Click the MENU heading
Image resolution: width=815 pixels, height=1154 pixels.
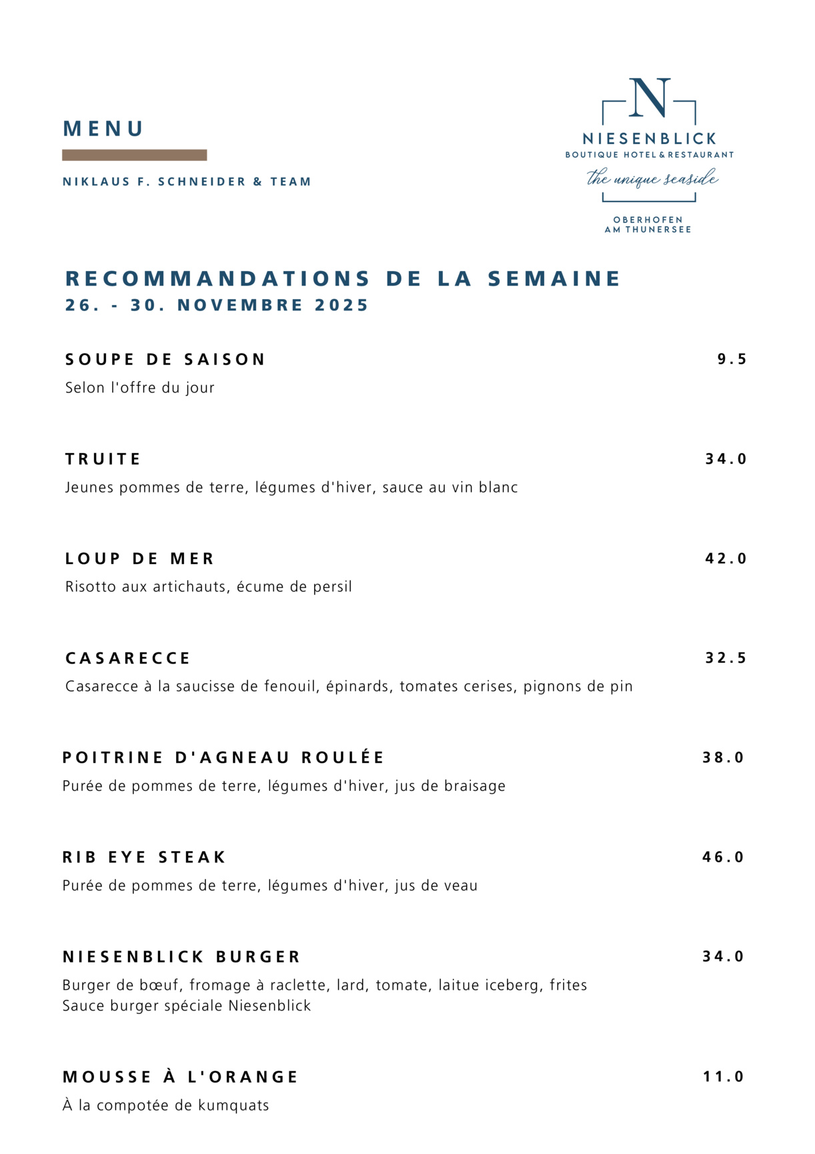click(103, 129)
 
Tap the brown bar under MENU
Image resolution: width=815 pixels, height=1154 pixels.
click(134, 155)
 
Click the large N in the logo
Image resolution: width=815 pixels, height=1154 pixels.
click(649, 98)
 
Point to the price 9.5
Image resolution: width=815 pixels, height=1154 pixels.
click(732, 360)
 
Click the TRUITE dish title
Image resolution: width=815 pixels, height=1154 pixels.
click(103, 459)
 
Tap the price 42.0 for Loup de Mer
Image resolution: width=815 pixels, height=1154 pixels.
click(726, 559)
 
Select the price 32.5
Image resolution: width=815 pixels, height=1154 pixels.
click(726, 658)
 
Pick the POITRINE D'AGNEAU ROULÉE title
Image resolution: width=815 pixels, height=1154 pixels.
click(223, 758)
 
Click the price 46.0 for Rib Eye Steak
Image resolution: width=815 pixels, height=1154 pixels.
click(723, 857)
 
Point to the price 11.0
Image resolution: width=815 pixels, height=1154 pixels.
click(723, 1077)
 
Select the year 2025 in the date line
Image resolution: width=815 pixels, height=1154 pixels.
click(341, 305)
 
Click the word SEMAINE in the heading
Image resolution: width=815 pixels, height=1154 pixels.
click(554, 278)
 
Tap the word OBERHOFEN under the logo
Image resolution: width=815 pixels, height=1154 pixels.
click(648, 220)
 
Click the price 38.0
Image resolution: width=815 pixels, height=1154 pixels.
click(723, 758)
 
